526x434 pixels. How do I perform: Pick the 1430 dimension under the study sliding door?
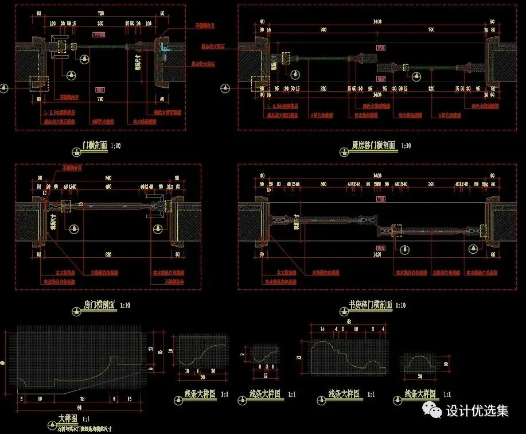pos(376,253)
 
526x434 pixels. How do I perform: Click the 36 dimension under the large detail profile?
pos(81,398)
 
